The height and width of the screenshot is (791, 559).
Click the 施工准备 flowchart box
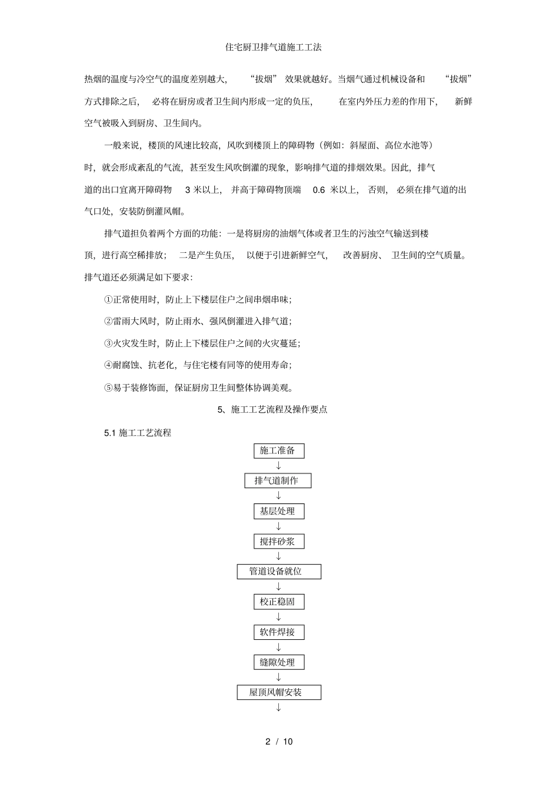(x=278, y=451)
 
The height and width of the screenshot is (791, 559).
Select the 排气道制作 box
(x=278, y=481)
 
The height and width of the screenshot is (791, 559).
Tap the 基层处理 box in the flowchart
(x=278, y=511)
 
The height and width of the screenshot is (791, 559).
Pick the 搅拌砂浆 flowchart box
(x=278, y=542)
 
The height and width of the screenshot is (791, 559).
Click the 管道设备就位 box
(x=279, y=572)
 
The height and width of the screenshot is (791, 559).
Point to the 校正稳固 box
(x=278, y=602)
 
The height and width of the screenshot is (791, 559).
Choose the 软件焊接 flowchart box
(x=278, y=632)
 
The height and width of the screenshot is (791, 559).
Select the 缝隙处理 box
(x=278, y=662)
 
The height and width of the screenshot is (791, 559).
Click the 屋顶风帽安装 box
(x=279, y=693)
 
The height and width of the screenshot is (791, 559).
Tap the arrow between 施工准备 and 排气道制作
(x=279, y=466)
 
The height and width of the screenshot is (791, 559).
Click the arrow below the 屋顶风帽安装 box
(x=279, y=707)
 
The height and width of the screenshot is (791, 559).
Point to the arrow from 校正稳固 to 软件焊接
(x=279, y=617)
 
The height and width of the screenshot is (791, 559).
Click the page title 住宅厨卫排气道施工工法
(x=274, y=47)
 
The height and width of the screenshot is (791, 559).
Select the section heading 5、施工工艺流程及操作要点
(x=272, y=410)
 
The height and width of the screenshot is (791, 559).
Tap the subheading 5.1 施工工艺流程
(x=138, y=433)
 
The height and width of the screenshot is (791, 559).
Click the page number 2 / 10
(x=279, y=742)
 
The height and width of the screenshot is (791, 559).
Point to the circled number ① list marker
(x=108, y=299)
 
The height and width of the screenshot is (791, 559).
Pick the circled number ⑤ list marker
(x=108, y=388)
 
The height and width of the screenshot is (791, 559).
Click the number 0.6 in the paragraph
(x=319, y=190)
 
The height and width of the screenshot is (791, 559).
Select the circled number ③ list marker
(x=108, y=343)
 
